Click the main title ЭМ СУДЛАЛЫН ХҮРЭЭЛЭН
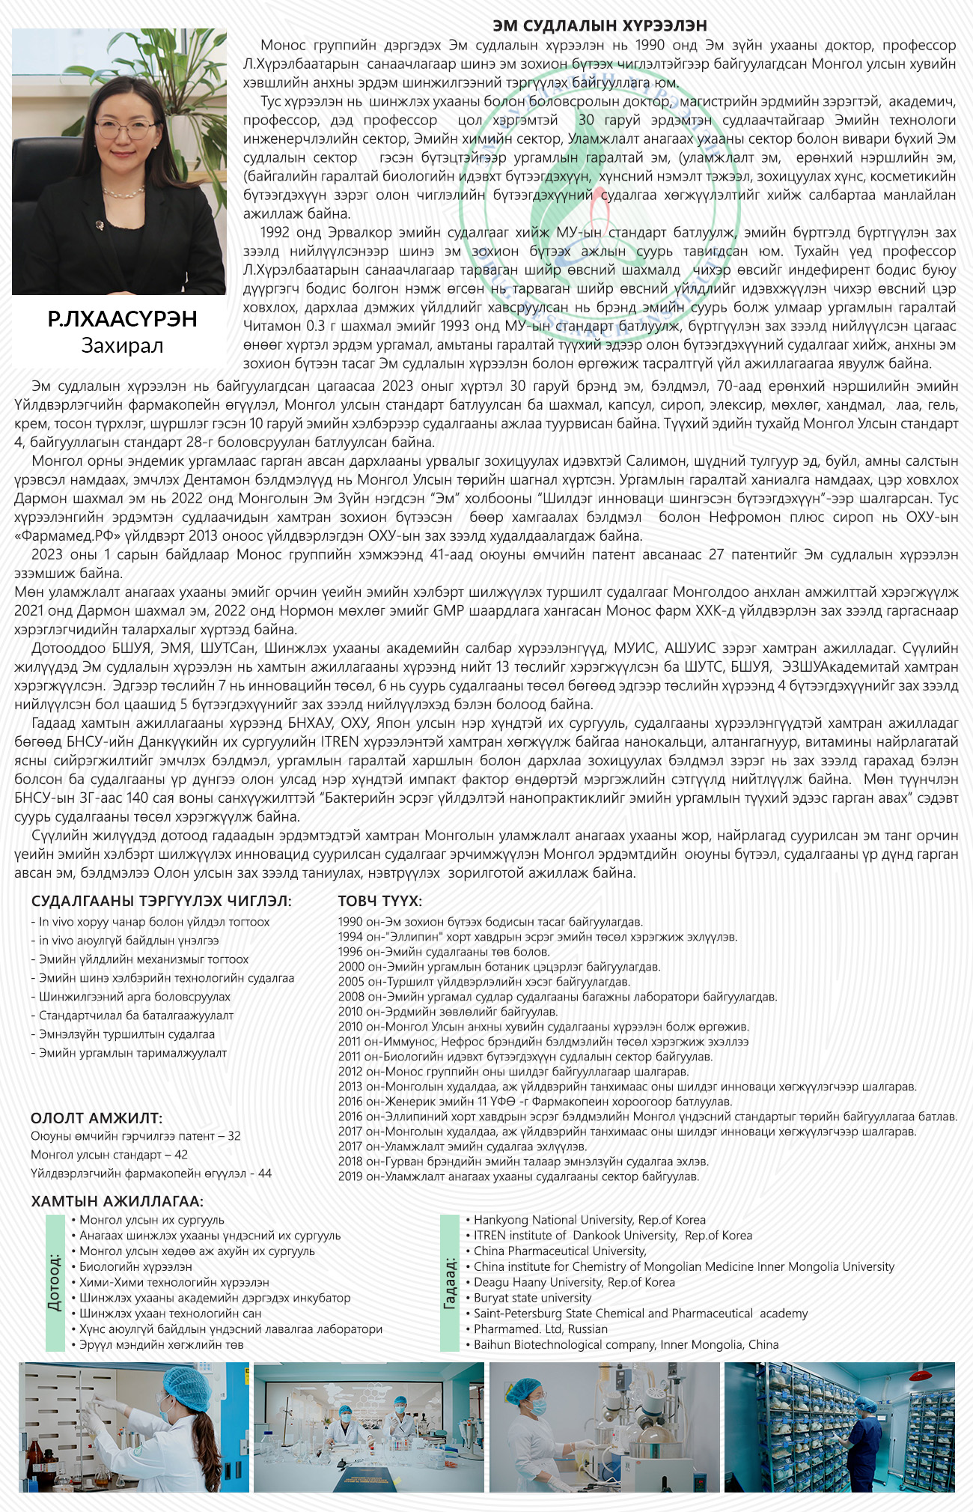600,26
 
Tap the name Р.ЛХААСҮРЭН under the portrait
122,319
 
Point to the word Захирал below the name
122,345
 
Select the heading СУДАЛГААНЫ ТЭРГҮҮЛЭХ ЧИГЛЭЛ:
162,901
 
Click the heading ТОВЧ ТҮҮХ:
379,901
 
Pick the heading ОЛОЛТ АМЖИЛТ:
97,1118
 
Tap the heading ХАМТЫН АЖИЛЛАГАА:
117,1201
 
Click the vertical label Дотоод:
55,1282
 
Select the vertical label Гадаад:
449,1283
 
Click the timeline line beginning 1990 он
490,922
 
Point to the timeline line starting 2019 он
518,1176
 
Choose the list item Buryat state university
532,1298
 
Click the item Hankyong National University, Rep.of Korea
589,1220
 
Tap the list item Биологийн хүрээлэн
135,1266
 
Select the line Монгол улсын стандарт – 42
109,1155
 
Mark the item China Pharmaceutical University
560,1251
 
